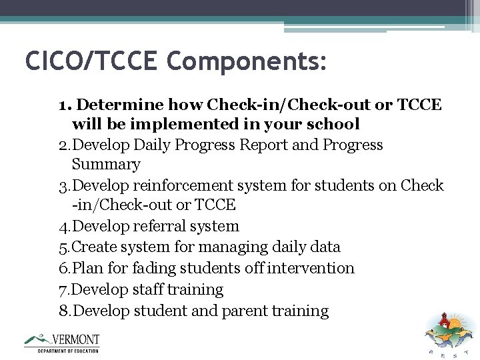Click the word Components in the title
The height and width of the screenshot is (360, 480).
247,61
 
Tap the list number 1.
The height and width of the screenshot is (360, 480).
63,105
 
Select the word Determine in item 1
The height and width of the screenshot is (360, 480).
122,105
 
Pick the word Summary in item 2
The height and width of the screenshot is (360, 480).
106,164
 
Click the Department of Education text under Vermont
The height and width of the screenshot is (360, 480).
67,351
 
